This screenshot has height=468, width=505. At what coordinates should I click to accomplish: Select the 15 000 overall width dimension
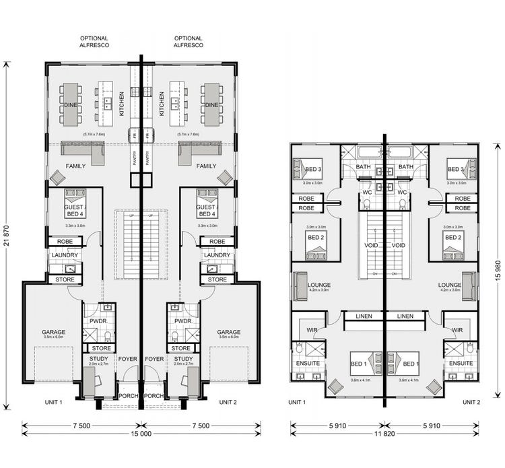141,434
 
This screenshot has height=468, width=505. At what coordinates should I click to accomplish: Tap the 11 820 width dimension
384,434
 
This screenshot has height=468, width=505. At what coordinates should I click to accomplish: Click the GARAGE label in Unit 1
53,332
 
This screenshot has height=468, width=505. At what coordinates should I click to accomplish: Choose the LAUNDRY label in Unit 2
217,255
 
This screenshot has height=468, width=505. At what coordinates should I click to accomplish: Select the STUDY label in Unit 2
183,359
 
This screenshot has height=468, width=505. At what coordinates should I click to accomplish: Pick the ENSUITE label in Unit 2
461,363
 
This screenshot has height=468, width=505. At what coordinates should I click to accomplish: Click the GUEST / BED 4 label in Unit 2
206,210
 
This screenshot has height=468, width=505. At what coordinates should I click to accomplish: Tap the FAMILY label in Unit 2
206,166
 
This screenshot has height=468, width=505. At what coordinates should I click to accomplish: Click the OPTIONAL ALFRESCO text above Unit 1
94,42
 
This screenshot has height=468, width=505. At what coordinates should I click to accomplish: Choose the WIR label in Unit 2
457,330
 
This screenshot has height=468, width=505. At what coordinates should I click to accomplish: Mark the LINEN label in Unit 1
364,316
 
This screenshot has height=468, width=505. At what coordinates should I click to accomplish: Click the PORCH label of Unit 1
129,395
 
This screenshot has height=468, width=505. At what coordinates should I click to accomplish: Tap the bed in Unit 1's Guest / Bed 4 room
75,197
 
